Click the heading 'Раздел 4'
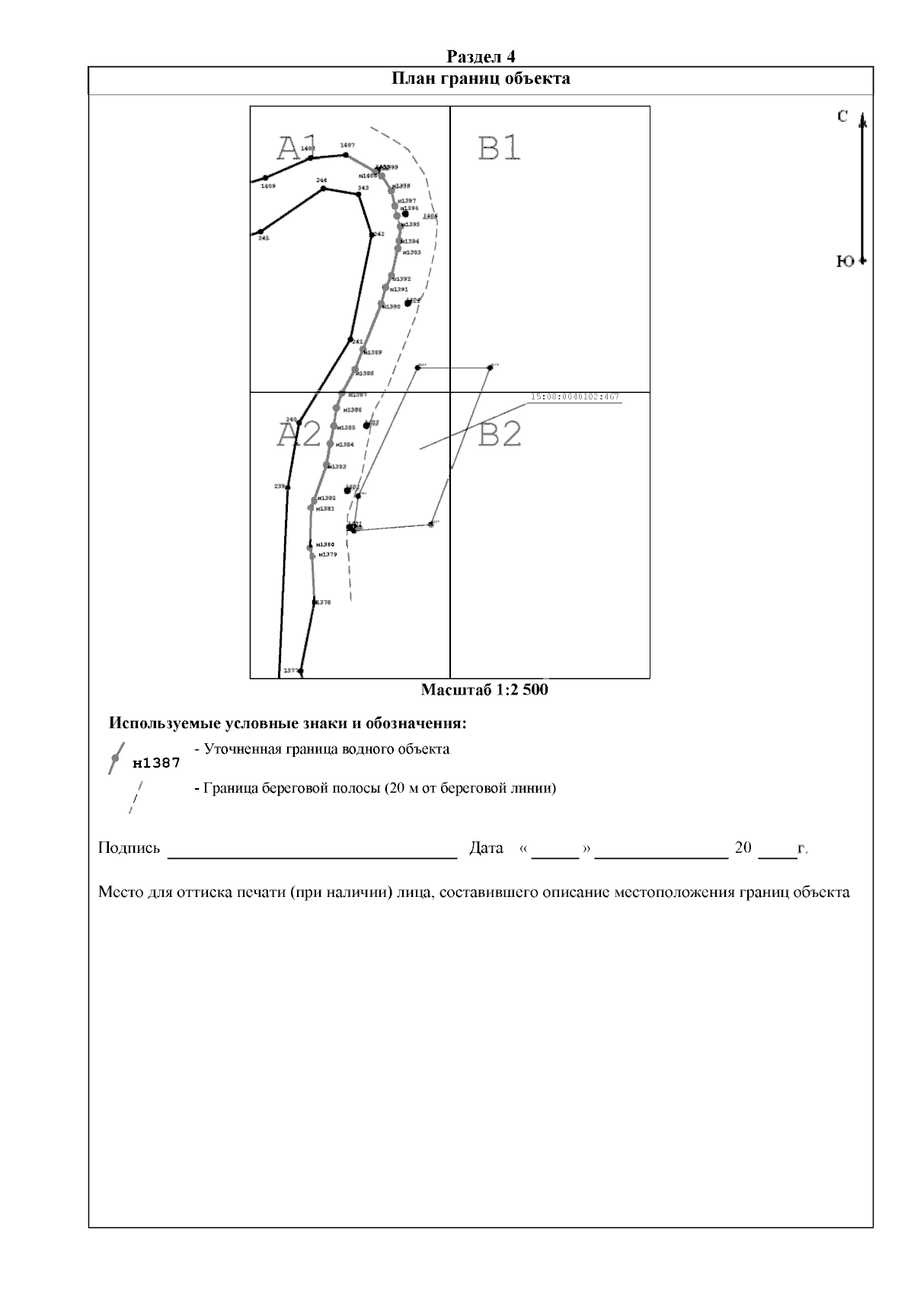481,56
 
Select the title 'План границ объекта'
481,78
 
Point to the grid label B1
499,148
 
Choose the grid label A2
299,435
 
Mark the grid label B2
500,435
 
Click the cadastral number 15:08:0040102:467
574,397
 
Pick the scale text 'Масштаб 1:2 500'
484,690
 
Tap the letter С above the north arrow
842,116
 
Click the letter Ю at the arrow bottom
845,261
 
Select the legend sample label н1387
156,763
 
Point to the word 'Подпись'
129,848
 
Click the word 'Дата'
487,848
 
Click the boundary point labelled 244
324,187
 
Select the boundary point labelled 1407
346,155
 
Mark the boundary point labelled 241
350,340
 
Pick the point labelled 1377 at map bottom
301,671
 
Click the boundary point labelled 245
261,231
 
